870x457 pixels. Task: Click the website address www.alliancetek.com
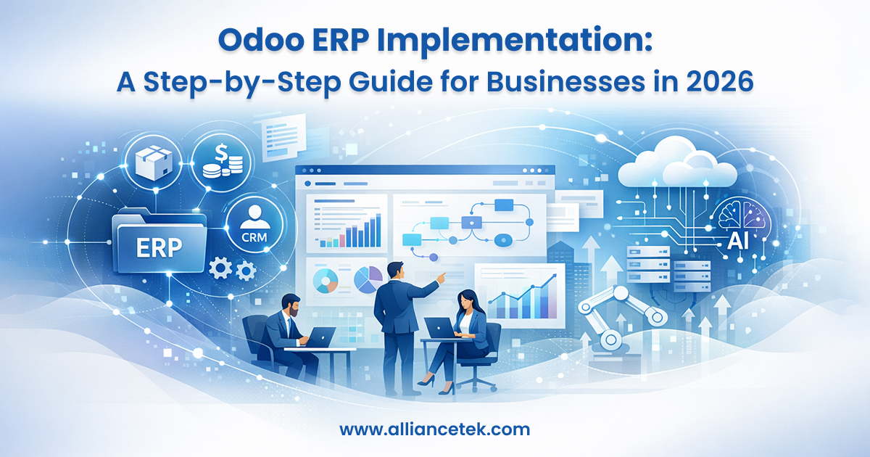pos(434,429)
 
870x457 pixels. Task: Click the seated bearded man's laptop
pos(319,337)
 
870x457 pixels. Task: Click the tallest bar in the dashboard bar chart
pos(376,230)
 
